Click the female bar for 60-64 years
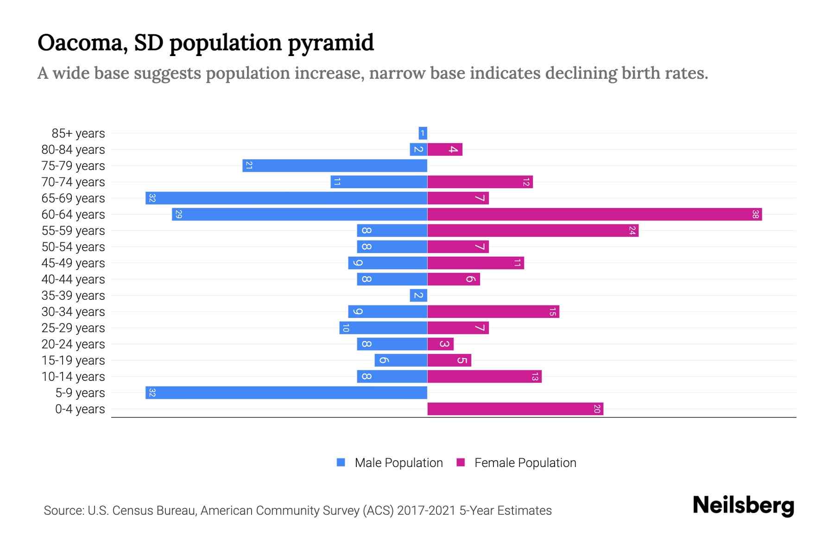(594, 215)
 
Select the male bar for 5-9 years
(286, 393)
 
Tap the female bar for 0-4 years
(515, 409)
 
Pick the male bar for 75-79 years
(335, 166)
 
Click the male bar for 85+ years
(423, 133)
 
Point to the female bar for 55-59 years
(533, 231)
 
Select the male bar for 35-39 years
(418, 296)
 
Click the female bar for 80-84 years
(445, 150)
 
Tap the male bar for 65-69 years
(286, 198)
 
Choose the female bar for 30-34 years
(493, 312)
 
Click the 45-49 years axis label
(73, 263)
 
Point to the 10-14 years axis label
(73, 377)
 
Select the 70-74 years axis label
(73, 182)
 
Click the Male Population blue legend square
(341, 462)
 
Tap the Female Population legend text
(525, 463)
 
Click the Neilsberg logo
(743, 505)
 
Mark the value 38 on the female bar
(755, 215)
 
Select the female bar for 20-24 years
(440, 344)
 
